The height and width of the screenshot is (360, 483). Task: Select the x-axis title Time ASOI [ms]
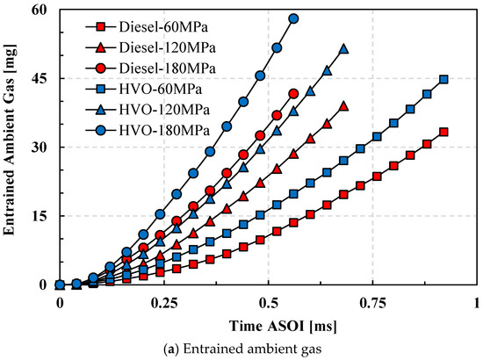point(267,323)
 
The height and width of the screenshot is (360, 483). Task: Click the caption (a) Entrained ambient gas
point(241,349)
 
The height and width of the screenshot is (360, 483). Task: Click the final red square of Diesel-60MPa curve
point(443,132)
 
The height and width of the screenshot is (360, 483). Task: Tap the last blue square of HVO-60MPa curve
point(443,79)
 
